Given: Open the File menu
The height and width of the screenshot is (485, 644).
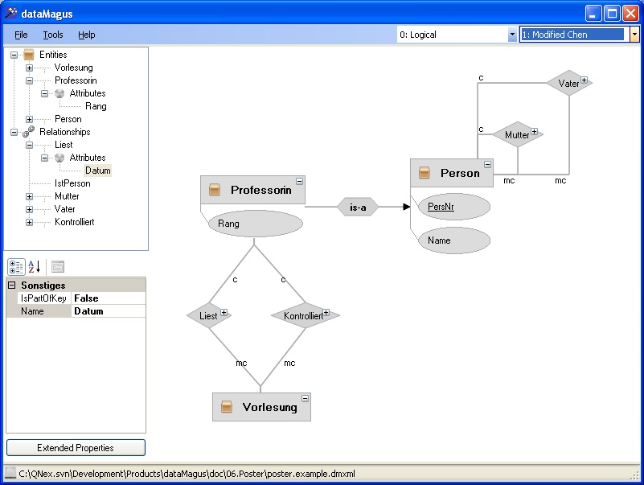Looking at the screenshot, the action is pyautogui.click(x=21, y=35).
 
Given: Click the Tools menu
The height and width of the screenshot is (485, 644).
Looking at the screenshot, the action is pyautogui.click(x=53, y=35).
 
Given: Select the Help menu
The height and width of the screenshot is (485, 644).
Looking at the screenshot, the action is pyautogui.click(x=86, y=35).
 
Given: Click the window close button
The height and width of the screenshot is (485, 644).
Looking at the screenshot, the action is pyautogui.click(x=630, y=14).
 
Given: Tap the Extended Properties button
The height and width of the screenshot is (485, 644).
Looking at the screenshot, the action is pyautogui.click(x=76, y=447).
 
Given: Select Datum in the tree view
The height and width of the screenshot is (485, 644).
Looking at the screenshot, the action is pyautogui.click(x=98, y=171).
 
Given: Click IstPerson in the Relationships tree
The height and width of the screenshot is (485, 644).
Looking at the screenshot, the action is pyautogui.click(x=72, y=183).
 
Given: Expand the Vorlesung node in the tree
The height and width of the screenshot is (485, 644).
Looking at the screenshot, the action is pyautogui.click(x=29, y=68).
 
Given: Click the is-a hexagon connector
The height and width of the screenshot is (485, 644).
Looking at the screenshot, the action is pyautogui.click(x=358, y=208).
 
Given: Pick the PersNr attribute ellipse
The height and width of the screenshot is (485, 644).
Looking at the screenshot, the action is pyautogui.click(x=453, y=207).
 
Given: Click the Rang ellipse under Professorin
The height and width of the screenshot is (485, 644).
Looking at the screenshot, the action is pyautogui.click(x=256, y=224).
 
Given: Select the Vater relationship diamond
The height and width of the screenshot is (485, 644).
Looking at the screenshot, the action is pyautogui.click(x=569, y=83).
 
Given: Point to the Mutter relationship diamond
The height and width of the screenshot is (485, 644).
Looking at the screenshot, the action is pyautogui.click(x=518, y=134).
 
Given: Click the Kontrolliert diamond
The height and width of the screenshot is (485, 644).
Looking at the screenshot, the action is pyautogui.click(x=306, y=315).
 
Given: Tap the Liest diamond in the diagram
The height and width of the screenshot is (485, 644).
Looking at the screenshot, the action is pyautogui.click(x=209, y=315).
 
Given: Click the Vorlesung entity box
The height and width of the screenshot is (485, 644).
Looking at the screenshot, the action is pyautogui.click(x=261, y=407).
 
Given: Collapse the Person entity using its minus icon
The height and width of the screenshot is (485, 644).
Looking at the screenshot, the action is pyautogui.click(x=487, y=164).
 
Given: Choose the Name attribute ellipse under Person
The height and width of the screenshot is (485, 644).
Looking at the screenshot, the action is pyautogui.click(x=453, y=240).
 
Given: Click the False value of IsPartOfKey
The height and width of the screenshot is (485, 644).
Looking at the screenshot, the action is pyautogui.click(x=86, y=298).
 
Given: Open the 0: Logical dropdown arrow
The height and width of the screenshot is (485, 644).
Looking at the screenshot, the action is pyautogui.click(x=512, y=35).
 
